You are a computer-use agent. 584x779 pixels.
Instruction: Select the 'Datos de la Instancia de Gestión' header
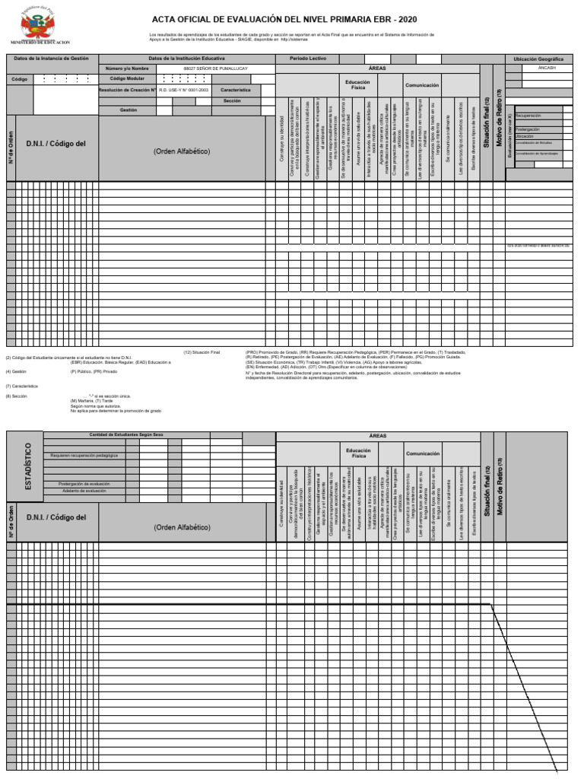pos(52,59)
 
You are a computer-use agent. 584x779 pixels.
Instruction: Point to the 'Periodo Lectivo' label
pos(307,59)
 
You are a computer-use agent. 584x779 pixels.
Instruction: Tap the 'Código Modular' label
pos(127,78)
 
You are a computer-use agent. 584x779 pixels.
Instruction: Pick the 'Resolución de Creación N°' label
pos(127,89)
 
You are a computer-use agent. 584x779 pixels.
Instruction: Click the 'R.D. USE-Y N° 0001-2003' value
pos(182,89)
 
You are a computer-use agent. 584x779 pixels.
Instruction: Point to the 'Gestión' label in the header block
pos(128,110)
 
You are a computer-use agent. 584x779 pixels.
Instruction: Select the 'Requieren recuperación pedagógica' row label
pos(84,455)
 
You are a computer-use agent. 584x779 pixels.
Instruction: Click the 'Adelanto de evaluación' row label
pos(84,491)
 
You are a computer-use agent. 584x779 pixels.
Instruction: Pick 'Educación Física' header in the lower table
pos(358,453)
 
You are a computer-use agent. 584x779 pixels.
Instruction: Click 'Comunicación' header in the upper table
pos(422,85)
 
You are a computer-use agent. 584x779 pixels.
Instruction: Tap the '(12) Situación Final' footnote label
pos(202,352)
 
